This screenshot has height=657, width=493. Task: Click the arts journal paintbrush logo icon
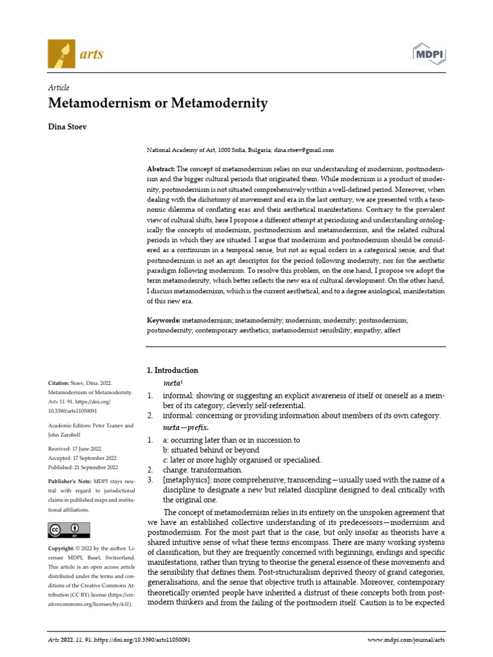click(61, 54)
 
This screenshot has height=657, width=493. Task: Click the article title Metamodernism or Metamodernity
click(158, 103)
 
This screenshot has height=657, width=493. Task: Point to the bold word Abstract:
click(160, 168)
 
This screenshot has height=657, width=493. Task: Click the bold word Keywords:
click(163, 319)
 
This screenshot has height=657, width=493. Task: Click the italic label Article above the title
click(59, 87)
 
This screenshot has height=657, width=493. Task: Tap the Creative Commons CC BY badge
click(69, 529)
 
